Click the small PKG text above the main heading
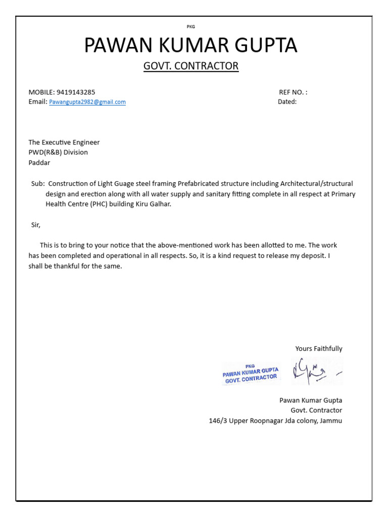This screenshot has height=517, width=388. coord(191,27)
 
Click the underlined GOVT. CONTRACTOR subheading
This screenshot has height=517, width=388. coord(191,66)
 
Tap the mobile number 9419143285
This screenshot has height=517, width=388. coord(76,92)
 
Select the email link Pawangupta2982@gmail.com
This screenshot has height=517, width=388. coord(87,102)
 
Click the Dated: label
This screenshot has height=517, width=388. coord(287,102)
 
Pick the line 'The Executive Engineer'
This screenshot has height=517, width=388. coord(64,142)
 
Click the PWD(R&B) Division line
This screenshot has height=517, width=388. coord(58,152)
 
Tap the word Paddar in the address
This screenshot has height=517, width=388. coord(39,163)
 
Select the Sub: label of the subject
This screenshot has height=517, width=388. coord(38,184)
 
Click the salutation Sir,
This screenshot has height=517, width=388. coord(35,225)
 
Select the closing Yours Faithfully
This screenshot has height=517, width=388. coord(319,348)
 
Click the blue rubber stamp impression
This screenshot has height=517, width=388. coord(251,374)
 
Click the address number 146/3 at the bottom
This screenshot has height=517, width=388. coord(218,420)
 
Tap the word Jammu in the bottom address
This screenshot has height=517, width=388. coord(331,420)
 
